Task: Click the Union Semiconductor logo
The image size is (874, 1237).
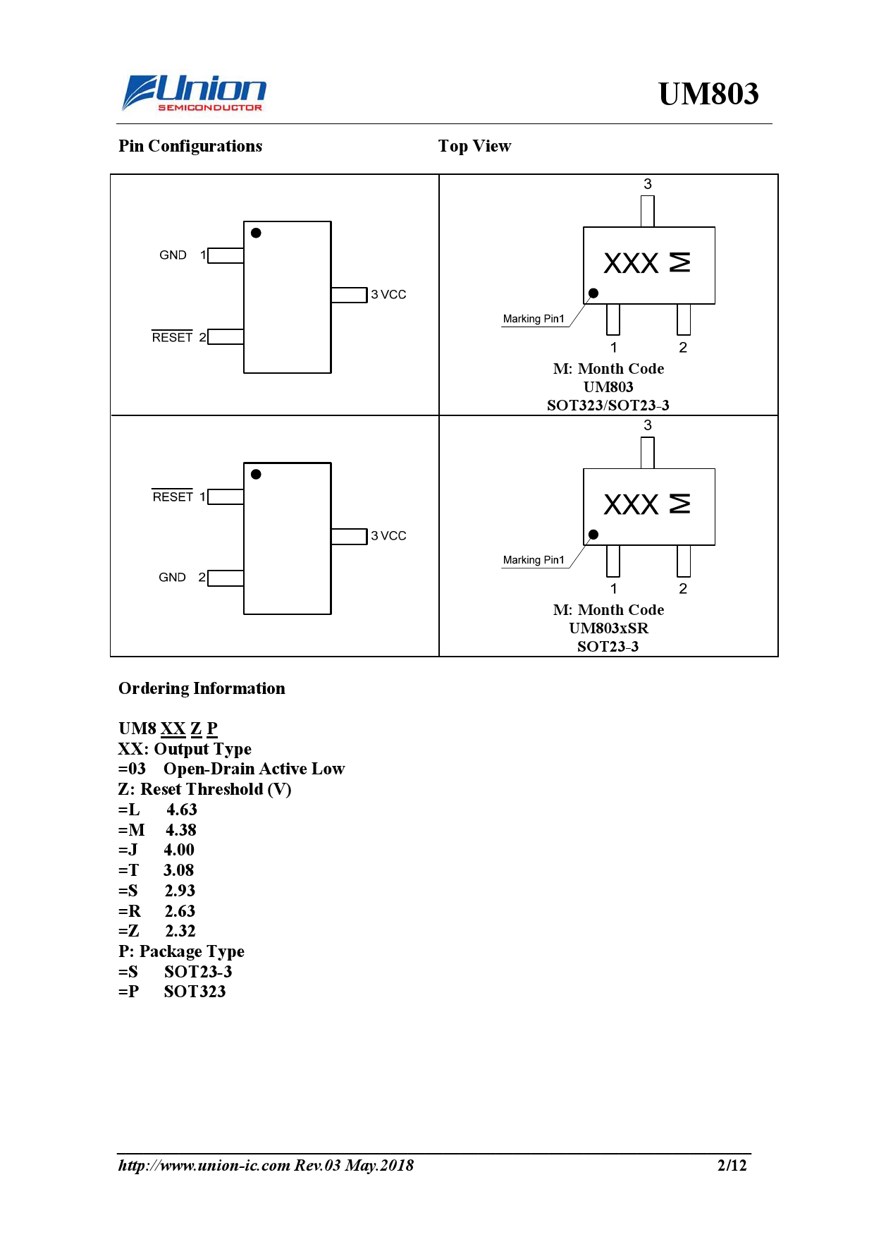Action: point(194,94)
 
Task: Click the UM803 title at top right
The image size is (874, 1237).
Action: point(708,94)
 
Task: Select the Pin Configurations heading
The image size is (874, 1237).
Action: point(190,146)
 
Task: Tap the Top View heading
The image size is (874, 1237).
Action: point(474,146)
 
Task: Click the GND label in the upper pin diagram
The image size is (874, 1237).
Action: point(173,255)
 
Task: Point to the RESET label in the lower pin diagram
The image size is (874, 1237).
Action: point(173,497)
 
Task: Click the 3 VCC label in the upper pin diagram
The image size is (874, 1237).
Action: point(388,295)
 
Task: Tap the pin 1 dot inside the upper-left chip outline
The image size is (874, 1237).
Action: point(256,233)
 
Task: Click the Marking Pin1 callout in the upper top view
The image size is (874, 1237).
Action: point(534,319)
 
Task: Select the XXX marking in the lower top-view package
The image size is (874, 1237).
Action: point(631,505)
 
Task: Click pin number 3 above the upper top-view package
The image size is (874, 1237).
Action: point(647,184)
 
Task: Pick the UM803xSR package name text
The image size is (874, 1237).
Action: point(608,628)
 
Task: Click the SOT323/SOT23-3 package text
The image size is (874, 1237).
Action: point(608,406)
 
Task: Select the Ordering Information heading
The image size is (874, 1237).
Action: point(202,688)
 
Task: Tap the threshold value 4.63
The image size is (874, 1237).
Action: point(182,810)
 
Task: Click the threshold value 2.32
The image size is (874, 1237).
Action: point(180,931)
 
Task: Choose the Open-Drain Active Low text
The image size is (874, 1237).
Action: point(254,769)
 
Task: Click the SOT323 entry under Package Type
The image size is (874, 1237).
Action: point(195,992)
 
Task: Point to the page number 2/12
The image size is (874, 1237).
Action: point(732,1165)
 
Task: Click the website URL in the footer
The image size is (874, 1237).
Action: point(204,1165)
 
